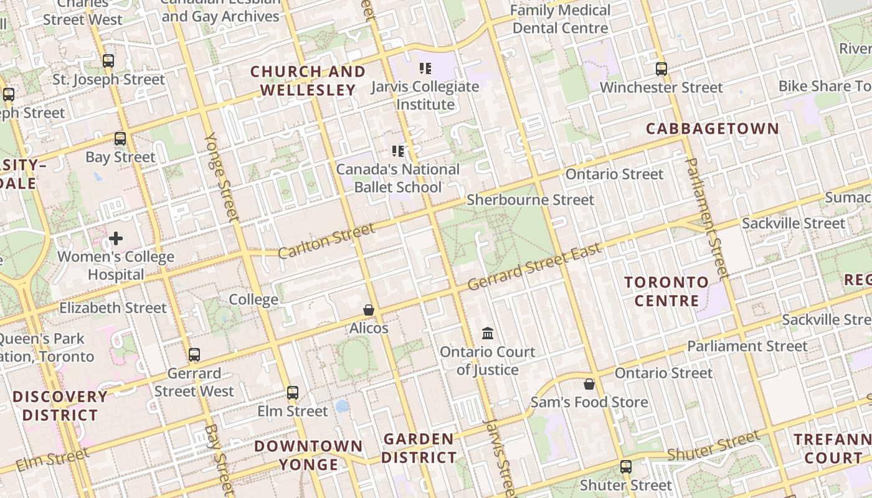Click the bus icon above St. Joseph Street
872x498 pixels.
pyautogui.click(x=108, y=61)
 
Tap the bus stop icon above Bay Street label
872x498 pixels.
pyautogui.click(x=120, y=139)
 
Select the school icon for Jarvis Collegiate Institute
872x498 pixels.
pyautogui.click(x=425, y=68)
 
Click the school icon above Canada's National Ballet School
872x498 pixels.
pyautogui.click(x=398, y=151)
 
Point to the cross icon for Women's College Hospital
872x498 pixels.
pyautogui.click(x=116, y=238)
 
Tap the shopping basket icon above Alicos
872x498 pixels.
pyautogui.click(x=369, y=310)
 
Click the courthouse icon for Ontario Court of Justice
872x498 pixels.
pyautogui.click(x=488, y=334)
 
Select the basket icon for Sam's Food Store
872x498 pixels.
pyautogui.click(x=589, y=384)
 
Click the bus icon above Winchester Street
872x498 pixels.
pyautogui.click(x=661, y=69)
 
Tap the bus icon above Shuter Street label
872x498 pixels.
pyautogui.click(x=626, y=467)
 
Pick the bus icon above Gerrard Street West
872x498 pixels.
pyautogui.click(x=194, y=355)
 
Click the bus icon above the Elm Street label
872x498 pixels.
pyautogui.click(x=293, y=393)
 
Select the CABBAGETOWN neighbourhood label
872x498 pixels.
pyautogui.click(x=712, y=129)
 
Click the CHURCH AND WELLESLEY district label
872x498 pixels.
pyautogui.click(x=308, y=81)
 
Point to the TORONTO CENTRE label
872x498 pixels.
pyautogui.click(x=666, y=291)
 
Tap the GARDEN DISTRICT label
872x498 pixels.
pyautogui.click(x=419, y=448)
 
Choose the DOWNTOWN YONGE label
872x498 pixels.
pyautogui.click(x=308, y=455)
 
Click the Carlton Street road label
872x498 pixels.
pyautogui.click(x=326, y=241)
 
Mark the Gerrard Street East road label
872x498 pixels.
pyautogui.click(x=534, y=266)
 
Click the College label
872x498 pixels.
pyautogui.click(x=254, y=299)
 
